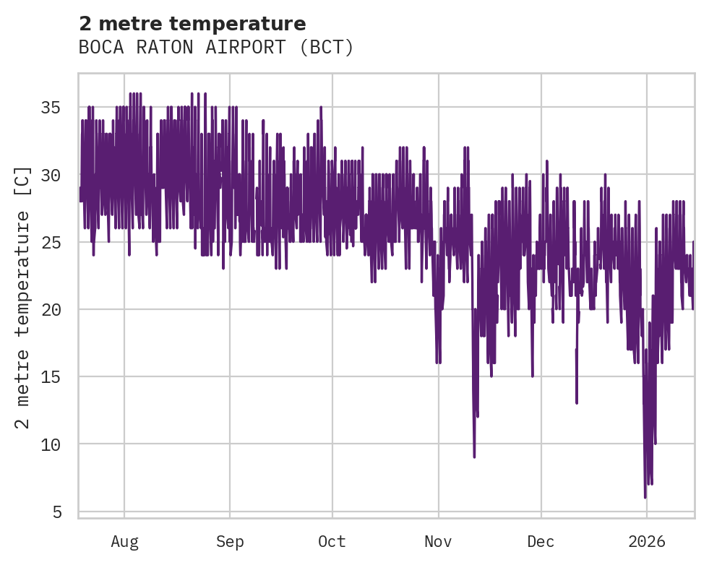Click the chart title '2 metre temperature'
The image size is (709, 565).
pos(192,24)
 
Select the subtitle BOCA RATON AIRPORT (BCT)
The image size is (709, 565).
pos(216,48)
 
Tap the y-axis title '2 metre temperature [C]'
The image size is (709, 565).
pos(23,296)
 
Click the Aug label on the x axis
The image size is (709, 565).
pos(124,541)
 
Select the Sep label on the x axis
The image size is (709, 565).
pos(230,541)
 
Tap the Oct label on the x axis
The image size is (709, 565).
pos(332,541)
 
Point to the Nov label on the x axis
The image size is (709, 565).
pos(438,541)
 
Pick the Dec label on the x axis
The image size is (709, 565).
pos(541,541)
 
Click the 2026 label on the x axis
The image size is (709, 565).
pos(647,541)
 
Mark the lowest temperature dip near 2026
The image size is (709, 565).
pos(645,496)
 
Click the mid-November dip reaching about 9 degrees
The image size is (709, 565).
pos(474,456)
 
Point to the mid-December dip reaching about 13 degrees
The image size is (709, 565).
pos(577,402)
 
